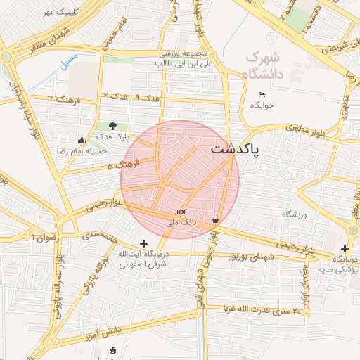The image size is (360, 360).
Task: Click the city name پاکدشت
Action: click(x=235, y=150)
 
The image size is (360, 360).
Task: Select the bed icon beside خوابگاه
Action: click(x=262, y=95)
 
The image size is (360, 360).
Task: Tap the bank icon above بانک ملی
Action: click(x=181, y=212)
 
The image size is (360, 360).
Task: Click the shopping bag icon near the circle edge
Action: click(x=214, y=220)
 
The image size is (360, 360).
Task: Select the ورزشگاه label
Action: click(x=295, y=214)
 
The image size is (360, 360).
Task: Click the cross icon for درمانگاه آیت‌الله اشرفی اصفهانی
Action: click(x=144, y=243)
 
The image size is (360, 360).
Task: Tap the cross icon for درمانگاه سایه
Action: click(x=345, y=248)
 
